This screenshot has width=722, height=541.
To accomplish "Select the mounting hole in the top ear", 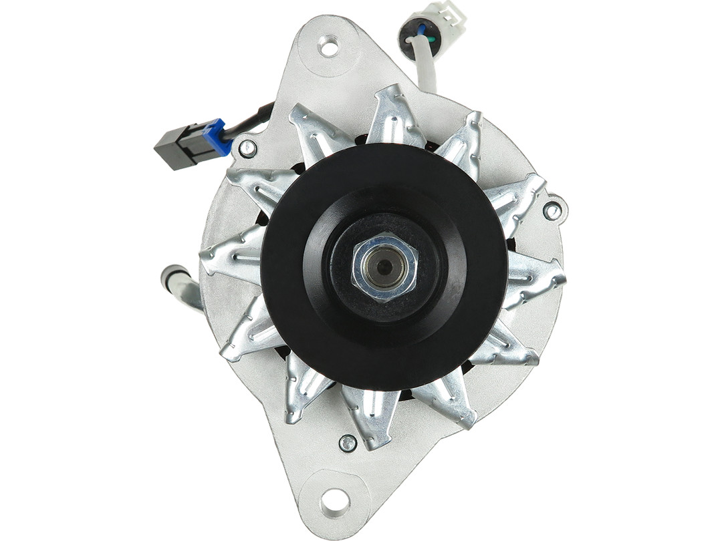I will [x=328, y=46].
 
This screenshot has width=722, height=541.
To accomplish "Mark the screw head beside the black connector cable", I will [x=247, y=148].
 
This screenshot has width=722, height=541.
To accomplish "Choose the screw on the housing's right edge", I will [x=552, y=211].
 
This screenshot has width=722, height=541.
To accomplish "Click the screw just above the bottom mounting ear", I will [x=348, y=443].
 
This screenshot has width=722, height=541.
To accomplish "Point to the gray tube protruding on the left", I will [x=179, y=285].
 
